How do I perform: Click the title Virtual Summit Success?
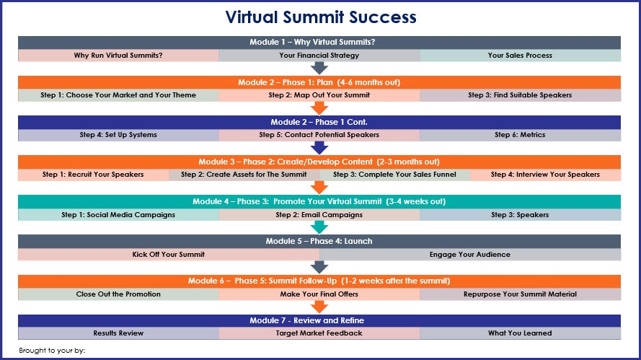(x=321, y=17)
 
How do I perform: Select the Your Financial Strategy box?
(x=319, y=56)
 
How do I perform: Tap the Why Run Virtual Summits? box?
(x=118, y=56)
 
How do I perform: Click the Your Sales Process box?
(x=520, y=56)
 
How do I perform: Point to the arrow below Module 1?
(x=319, y=68)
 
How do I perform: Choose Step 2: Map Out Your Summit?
(x=319, y=95)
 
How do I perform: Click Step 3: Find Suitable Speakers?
(x=520, y=95)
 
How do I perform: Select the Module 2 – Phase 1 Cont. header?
(x=319, y=122)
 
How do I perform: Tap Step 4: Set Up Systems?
(x=118, y=135)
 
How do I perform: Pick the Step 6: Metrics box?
(x=520, y=135)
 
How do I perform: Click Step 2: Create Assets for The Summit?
(x=244, y=175)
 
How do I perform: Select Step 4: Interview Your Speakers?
(x=545, y=175)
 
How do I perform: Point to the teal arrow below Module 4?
(x=319, y=227)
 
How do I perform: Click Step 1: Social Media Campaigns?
(x=118, y=214)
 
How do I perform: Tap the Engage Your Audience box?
(x=470, y=255)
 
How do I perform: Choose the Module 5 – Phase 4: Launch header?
(x=319, y=241)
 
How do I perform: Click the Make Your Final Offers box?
(x=319, y=294)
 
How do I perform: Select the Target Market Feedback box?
(x=319, y=333)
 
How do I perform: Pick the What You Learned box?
(x=520, y=333)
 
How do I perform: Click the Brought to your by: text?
(x=52, y=351)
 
